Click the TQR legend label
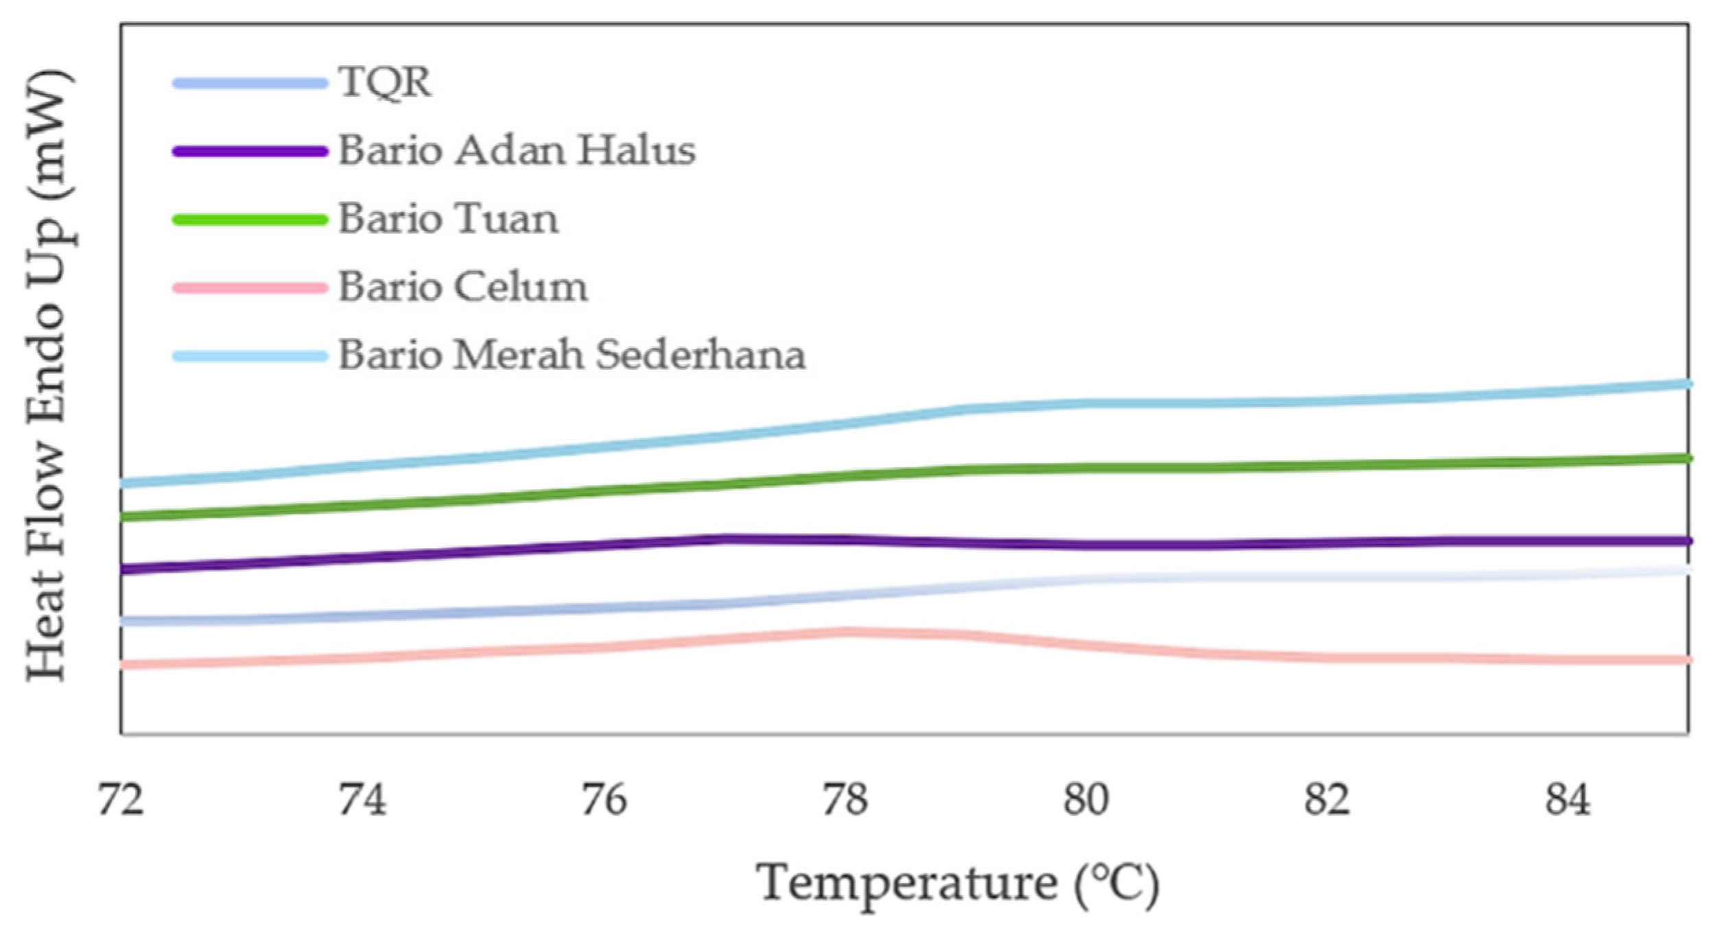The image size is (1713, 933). point(385,82)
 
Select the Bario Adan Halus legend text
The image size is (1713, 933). point(517,150)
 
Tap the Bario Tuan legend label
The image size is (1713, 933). point(449,219)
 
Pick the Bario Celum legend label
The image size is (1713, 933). point(463,287)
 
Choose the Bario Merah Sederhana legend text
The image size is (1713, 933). point(571,355)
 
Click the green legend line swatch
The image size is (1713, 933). point(250,220)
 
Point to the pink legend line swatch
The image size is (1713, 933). point(250,288)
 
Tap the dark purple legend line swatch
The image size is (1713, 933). point(250,152)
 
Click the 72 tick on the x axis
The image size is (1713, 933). point(121,800)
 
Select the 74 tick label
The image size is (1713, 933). point(362,800)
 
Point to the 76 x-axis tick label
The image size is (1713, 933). point(604,800)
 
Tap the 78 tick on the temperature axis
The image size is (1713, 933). point(844,800)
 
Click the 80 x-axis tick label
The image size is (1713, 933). point(1086,800)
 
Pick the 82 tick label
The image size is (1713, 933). point(1327,800)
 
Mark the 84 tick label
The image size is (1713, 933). point(1568,800)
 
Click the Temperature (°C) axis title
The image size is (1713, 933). point(958,884)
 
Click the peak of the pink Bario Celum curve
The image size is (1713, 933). point(844,632)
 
